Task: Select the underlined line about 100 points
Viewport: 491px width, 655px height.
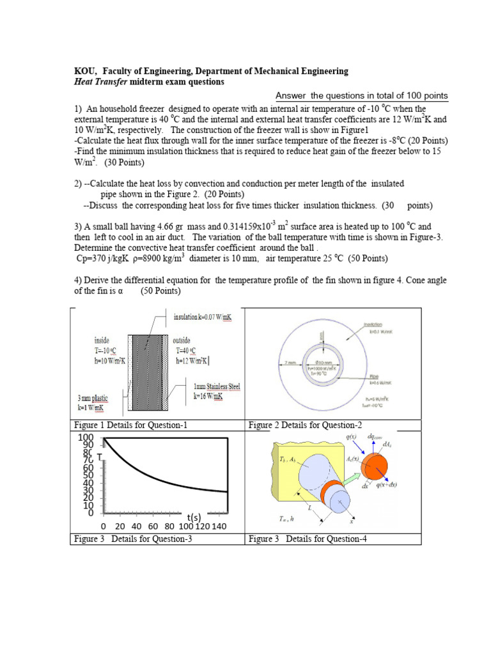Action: tap(361, 96)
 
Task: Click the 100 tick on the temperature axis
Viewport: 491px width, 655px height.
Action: tap(86, 438)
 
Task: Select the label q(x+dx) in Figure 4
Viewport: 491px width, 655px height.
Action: tap(386, 485)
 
